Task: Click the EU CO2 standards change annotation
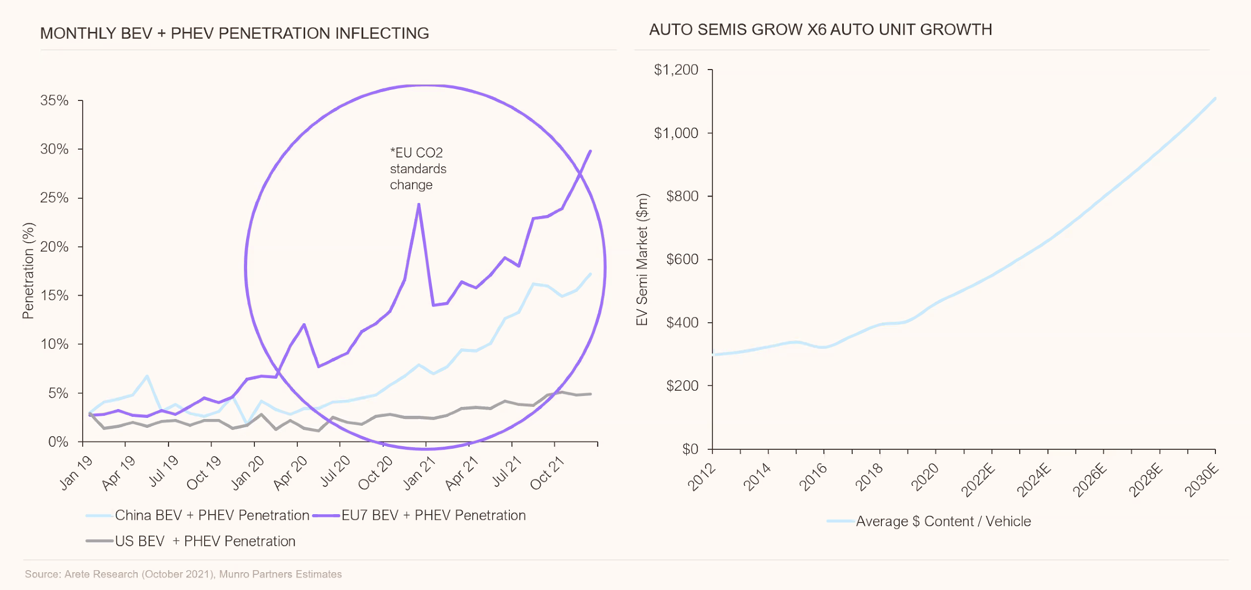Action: pos(418,168)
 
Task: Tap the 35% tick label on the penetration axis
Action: pos(54,100)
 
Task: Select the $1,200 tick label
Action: pos(676,70)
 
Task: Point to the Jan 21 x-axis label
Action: pos(419,472)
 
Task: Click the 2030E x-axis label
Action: pos(1201,480)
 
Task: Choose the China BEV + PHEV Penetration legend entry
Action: pos(212,515)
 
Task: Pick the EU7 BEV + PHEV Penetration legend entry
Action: pos(433,515)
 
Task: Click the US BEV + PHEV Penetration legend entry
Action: pos(205,541)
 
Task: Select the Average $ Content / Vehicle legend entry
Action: pos(943,521)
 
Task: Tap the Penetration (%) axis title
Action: pos(28,270)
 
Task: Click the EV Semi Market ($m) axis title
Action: pos(642,259)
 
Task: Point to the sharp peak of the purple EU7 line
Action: pos(419,205)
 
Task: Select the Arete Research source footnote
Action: pos(183,574)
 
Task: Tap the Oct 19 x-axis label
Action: pos(204,472)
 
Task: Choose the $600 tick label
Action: pos(682,259)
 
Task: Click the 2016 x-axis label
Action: pos(813,476)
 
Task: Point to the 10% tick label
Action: pos(54,344)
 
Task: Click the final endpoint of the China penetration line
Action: pos(590,274)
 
